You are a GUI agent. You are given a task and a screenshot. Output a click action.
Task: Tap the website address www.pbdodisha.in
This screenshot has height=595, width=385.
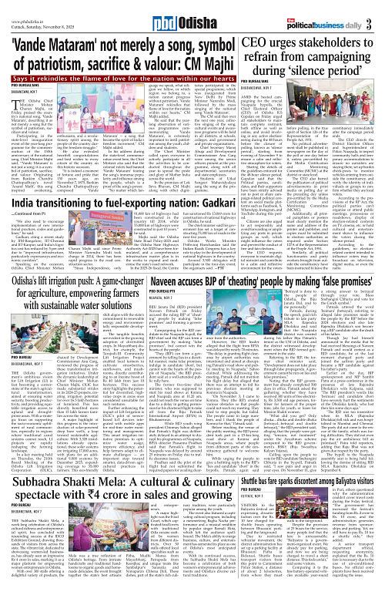[25, 5]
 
